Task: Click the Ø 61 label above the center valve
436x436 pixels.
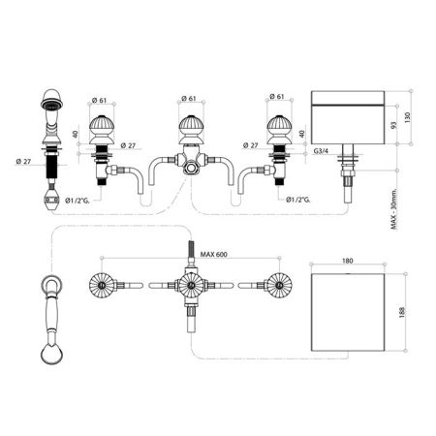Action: pos(189,98)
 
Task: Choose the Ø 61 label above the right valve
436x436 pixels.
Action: pos(276,98)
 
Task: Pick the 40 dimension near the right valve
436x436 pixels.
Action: pos(301,134)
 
